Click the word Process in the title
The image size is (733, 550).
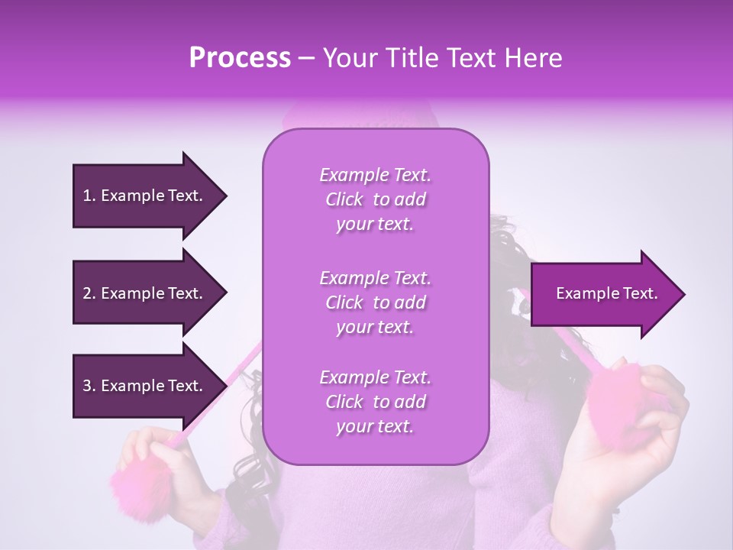240,58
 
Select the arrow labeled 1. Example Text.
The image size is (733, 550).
145,196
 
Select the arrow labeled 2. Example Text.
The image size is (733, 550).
145,293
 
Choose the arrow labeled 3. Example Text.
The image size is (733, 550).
145,386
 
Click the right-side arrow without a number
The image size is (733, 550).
603,294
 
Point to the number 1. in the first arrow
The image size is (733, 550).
89,196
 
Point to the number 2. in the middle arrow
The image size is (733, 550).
89,293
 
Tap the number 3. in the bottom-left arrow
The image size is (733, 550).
89,386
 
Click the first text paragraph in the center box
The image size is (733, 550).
375,199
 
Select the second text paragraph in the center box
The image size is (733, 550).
375,302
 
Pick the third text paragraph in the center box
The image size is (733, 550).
375,402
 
